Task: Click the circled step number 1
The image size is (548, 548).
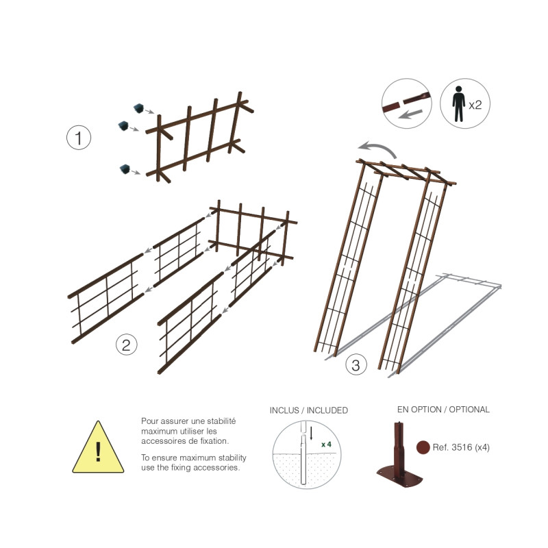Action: point(79,138)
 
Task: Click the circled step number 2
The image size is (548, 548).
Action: point(126,345)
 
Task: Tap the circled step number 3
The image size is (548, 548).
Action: point(356,365)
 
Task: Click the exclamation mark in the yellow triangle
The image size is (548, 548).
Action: point(98,451)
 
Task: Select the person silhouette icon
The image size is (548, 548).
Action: point(458,104)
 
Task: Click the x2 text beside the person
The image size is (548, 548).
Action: point(475,105)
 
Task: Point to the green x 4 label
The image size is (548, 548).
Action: point(326,444)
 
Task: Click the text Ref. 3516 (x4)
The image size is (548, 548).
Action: point(461,447)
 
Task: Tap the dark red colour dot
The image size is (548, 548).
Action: point(423,447)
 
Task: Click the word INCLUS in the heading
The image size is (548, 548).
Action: point(284,410)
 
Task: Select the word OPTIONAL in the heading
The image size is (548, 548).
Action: point(469,409)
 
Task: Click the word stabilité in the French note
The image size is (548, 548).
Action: point(221,421)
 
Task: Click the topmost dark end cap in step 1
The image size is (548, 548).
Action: point(139,108)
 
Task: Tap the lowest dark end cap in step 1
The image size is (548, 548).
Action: point(125,169)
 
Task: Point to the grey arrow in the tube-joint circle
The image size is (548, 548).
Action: point(410,114)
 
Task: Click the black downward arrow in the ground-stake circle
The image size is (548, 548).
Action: point(311,434)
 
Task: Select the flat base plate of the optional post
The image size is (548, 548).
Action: point(400,476)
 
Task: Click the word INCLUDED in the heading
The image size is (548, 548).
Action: point(327,410)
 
